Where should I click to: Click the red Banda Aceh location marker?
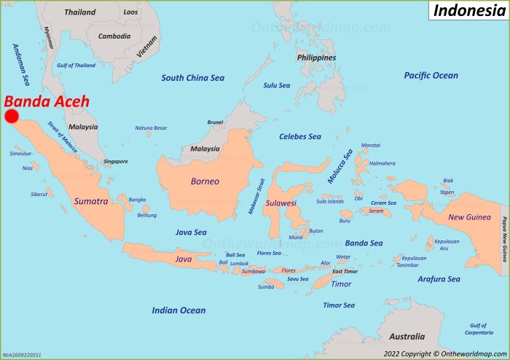(x=12, y=117)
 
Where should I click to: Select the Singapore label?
(x=115, y=161)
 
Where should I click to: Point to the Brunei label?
(x=215, y=122)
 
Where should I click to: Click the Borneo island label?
(x=205, y=181)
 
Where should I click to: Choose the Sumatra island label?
(x=91, y=200)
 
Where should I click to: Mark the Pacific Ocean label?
(x=431, y=75)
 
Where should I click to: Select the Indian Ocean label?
(x=178, y=310)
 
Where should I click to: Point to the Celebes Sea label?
(x=300, y=136)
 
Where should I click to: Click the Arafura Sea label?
(x=439, y=278)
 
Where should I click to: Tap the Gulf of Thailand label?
(x=76, y=66)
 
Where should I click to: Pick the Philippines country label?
(x=316, y=57)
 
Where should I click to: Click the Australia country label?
(x=407, y=337)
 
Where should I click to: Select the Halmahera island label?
(x=382, y=163)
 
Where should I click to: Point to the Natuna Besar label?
(x=151, y=128)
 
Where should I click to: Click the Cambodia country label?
(x=114, y=36)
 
